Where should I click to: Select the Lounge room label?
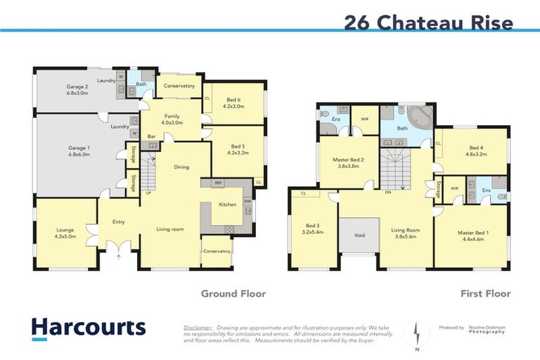pos(66,233)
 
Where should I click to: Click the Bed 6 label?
pos(234,103)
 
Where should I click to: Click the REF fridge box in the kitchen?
pos(219,182)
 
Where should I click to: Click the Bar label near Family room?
pos(150,136)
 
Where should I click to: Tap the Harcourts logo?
pos(88,328)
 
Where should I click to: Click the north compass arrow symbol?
pos(416,332)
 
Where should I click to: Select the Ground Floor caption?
pos(233,293)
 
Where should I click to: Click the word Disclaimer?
pos(198,328)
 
